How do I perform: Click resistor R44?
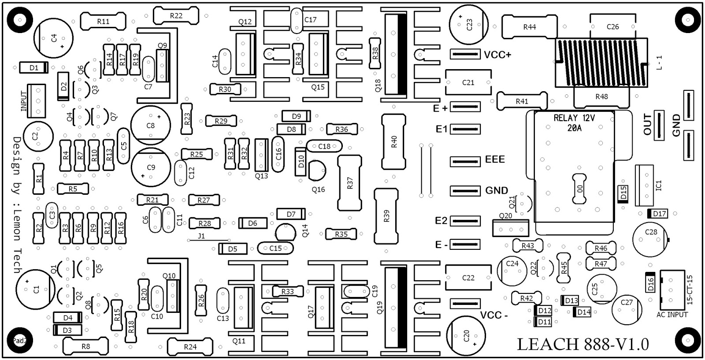[529, 27]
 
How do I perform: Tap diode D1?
[33, 68]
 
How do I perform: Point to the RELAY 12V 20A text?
[574, 123]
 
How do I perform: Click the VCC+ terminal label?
[497, 55]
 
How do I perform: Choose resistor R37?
[350, 183]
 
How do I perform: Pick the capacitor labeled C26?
[612, 27]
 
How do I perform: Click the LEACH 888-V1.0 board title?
[583, 344]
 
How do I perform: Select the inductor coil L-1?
[601, 63]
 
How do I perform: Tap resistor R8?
[85, 346]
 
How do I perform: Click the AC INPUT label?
[672, 315]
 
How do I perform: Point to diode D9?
[297, 116]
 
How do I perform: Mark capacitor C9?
[151, 167]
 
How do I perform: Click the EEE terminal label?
[495, 159]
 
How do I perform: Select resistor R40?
[393, 141]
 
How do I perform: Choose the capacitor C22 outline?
[468, 278]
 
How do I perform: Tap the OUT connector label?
[647, 124]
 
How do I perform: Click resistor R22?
[175, 16]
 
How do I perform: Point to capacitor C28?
[650, 238]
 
